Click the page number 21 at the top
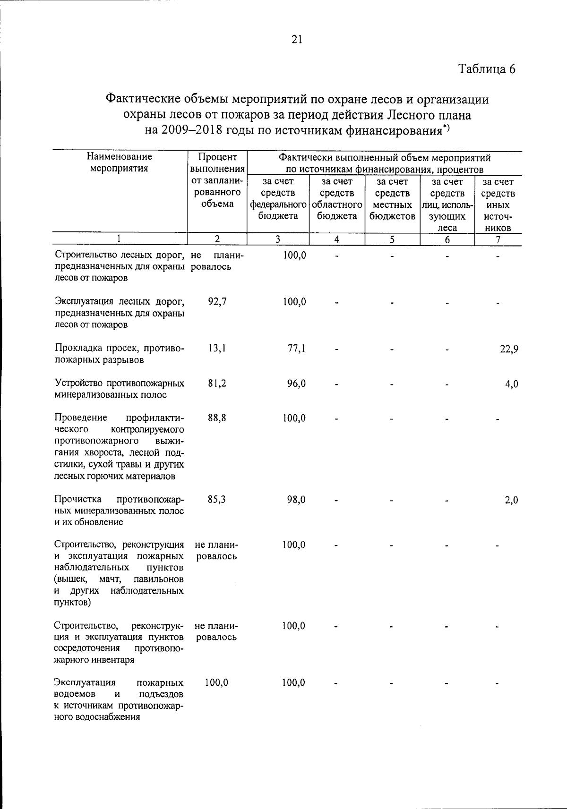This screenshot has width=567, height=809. click(296, 40)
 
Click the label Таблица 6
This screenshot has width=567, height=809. click(487, 69)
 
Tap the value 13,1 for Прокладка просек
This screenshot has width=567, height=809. click(217, 349)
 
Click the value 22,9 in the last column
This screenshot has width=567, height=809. click(509, 349)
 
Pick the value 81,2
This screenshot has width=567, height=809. click(217, 383)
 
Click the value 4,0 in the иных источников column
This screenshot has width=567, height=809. click(511, 384)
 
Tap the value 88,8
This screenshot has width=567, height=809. click(217, 418)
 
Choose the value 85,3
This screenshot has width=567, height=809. click(217, 499)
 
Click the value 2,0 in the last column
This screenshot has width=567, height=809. click(511, 500)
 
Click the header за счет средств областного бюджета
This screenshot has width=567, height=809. click(337, 199)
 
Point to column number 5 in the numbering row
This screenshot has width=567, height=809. click(392, 239)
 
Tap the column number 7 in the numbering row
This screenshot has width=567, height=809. click(498, 239)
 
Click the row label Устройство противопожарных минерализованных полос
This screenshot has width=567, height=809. click(119, 389)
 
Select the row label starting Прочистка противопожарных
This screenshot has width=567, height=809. click(119, 511)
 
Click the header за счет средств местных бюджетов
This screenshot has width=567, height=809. click(392, 199)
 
